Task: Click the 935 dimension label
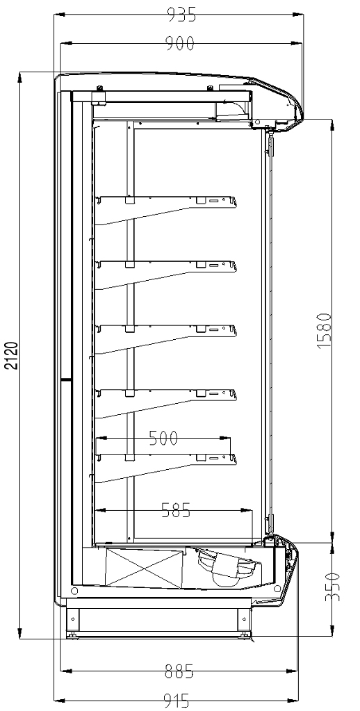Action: coord(182,15)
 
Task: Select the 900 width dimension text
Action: coord(179,43)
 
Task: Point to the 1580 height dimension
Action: coord(325,330)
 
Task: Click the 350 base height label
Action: coord(332,587)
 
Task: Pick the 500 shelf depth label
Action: coord(164,438)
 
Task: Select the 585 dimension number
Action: coord(176,511)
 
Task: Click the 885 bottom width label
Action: coord(179,671)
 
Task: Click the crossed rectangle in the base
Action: coord(145,566)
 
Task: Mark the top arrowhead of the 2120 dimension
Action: coord(20,77)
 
